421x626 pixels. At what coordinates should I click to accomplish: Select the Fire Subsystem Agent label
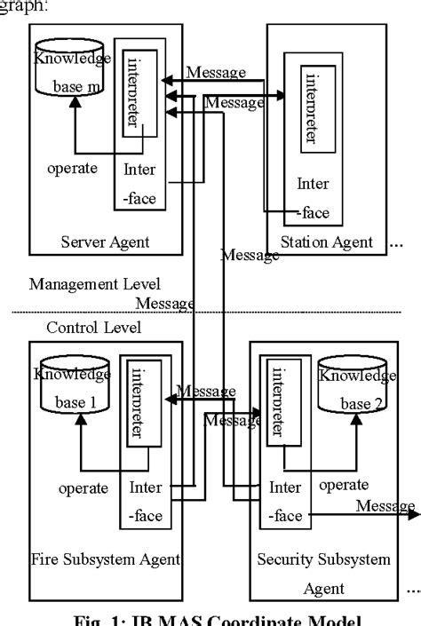(x=106, y=559)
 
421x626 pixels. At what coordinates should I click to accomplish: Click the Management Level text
(x=95, y=284)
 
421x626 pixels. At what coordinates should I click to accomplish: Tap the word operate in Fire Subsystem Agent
(x=83, y=487)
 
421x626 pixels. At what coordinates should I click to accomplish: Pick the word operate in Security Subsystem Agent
(x=344, y=485)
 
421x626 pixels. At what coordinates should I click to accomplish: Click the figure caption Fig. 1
(x=210, y=618)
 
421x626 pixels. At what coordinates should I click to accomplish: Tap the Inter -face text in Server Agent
(x=140, y=184)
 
